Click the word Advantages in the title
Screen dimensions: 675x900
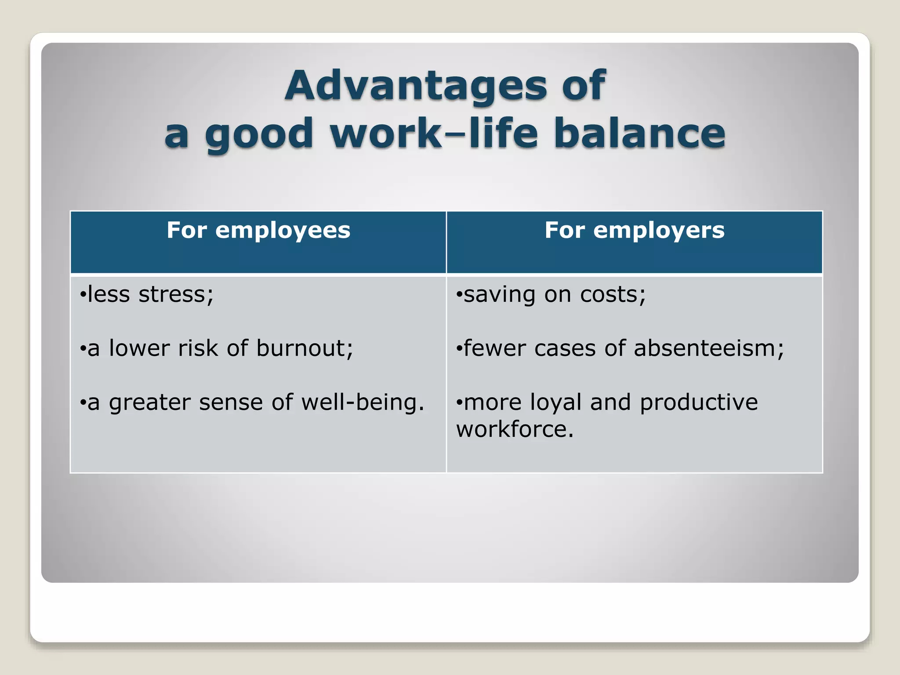[x=416, y=85]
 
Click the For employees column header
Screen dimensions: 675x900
[x=258, y=230]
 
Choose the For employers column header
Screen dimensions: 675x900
[x=635, y=230]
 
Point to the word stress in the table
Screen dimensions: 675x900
[x=176, y=294]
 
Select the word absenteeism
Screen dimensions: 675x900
[x=708, y=348]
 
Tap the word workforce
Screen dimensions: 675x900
[x=515, y=429]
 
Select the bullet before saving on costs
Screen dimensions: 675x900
[x=459, y=295]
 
